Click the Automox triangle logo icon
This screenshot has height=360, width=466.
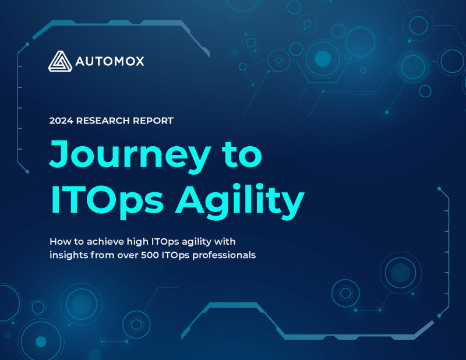pyautogui.click(x=60, y=61)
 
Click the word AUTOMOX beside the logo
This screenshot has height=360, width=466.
pyautogui.click(x=110, y=62)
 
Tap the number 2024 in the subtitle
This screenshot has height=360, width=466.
pyautogui.click(x=61, y=121)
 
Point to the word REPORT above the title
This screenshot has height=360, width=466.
pyautogui.click(x=153, y=121)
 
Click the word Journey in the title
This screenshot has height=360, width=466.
pyautogui.click(x=129, y=156)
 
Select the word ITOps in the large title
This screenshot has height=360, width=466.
pyautogui.click(x=107, y=201)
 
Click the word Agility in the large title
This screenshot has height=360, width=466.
pyautogui.click(x=240, y=201)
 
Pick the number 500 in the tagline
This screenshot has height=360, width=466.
pyautogui.click(x=150, y=255)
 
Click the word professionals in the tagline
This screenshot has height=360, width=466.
pyautogui.click(x=224, y=255)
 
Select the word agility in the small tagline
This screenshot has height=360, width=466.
pyautogui.click(x=196, y=242)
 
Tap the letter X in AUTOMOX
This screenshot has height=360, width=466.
pyautogui.click(x=139, y=62)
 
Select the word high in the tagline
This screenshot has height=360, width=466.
pyautogui.click(x=137, y=242)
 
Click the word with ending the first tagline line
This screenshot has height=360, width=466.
pyautogui.click(x=225, y=241)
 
